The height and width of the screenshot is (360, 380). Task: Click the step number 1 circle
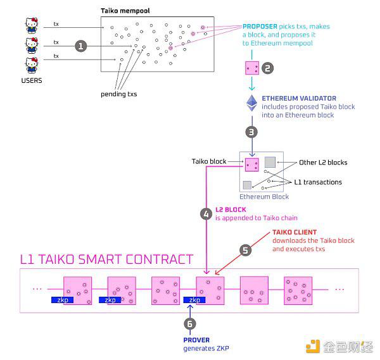(80, 46)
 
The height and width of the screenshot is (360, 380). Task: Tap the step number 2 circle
(267, 68)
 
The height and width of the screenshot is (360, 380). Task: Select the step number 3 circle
(251, 132)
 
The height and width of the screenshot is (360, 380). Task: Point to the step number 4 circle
(206, 214)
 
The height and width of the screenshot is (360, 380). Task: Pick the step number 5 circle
(246, 251)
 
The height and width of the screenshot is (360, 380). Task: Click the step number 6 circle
(190, 324)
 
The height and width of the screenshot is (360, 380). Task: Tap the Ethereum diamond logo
(252, 103)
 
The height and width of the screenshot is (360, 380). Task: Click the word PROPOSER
(260, 27)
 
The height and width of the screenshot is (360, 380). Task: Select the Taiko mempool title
(125, 11)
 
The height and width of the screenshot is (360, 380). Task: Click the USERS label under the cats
(32, 80)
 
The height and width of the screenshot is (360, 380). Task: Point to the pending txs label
(119, 94)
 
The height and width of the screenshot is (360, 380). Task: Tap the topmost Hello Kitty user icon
(32, 25)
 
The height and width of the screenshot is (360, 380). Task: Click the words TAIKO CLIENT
(294, 232)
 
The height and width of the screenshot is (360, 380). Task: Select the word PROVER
(196, 340)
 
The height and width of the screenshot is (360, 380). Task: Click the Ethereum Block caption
(264, 197)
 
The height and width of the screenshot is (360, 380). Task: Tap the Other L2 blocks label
(323, 163)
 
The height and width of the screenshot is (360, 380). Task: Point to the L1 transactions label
(318, 182)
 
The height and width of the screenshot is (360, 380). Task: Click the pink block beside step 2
(252, 68)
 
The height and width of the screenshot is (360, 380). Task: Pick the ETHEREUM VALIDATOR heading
(299, 98)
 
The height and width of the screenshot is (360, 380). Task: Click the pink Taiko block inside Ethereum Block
(252, 164)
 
